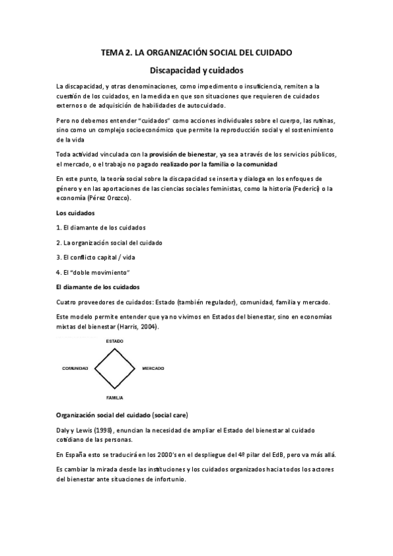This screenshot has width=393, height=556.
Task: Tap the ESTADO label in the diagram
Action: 114,342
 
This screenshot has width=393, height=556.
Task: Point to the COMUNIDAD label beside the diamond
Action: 75,369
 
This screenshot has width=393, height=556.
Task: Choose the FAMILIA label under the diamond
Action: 114,398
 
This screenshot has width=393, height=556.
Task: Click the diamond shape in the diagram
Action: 115,369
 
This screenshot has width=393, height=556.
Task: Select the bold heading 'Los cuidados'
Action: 75,213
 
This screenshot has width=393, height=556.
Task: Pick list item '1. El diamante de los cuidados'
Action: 101,228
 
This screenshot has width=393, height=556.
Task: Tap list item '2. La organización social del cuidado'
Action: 110,243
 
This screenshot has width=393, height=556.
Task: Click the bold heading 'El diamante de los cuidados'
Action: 98,287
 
